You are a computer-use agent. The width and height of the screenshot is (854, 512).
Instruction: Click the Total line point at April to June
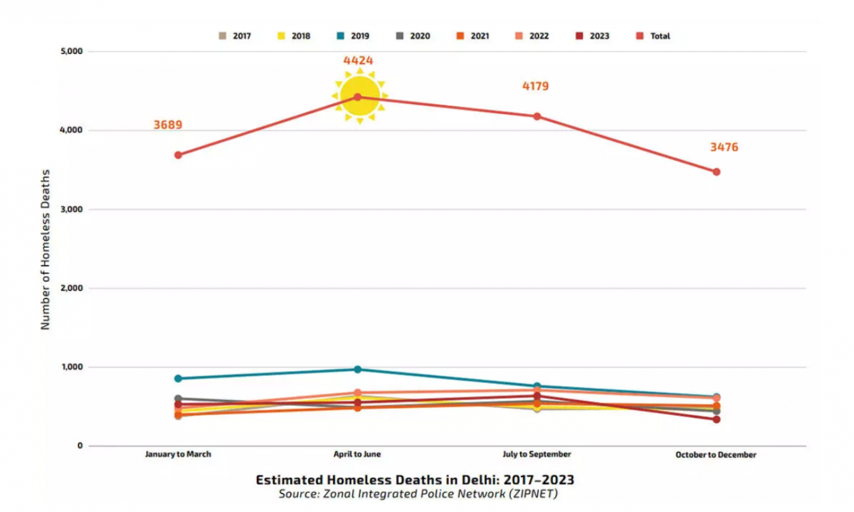tap(358, 97)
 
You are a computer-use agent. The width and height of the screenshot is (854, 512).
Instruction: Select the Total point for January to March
tap(178, 155)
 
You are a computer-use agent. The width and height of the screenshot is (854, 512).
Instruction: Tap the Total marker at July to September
tap(537, 116)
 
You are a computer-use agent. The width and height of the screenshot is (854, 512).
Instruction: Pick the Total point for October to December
tap(716, 172)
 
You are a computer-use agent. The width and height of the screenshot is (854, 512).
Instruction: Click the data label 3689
tap(168, 125)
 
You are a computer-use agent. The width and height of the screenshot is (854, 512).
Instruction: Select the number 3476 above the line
tap(724, 147)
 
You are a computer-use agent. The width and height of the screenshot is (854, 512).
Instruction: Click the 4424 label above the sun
tap(358, 61)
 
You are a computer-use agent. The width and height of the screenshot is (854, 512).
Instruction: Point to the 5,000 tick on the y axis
tap(70, 51)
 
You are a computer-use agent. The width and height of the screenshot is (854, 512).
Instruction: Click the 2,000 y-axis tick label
tap(70, 288)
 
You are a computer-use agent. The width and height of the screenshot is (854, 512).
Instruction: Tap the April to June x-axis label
tap(357, 454)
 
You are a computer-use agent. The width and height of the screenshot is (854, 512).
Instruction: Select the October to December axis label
tap(716, 454)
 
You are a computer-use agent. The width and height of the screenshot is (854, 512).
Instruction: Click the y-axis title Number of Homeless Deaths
tap(46, 249)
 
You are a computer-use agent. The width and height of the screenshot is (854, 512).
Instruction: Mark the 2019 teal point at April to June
tap(358, 370)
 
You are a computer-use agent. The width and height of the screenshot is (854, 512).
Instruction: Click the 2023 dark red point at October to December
tap(716, 419)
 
